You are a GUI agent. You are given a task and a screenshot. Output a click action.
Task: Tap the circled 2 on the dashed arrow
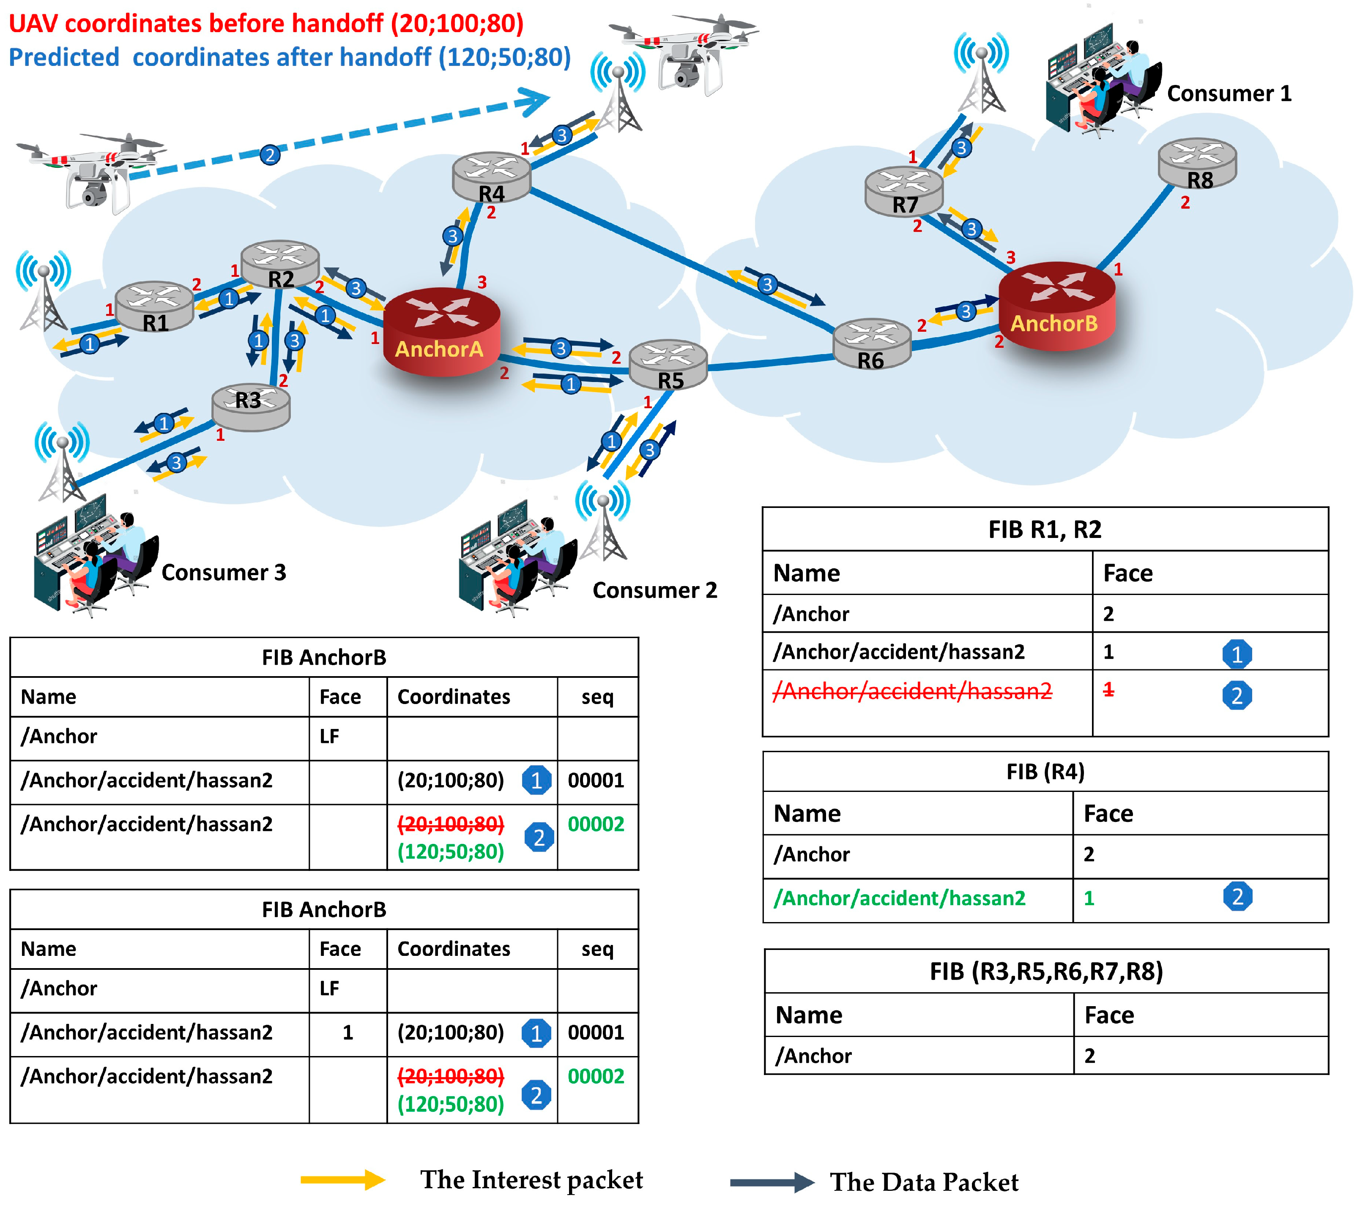269,155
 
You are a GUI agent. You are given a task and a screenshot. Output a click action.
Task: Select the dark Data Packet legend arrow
772,1182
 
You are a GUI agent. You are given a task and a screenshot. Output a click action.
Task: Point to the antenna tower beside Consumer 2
603,522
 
